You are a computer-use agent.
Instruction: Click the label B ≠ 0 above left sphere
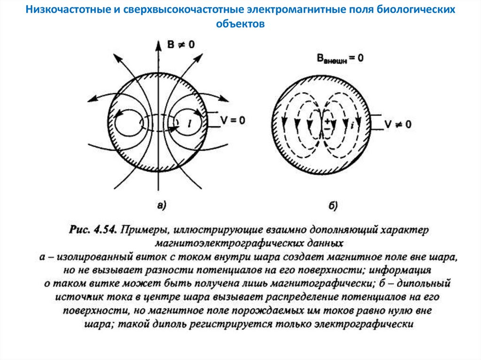point(181,45)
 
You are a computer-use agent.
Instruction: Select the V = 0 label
point(232,120)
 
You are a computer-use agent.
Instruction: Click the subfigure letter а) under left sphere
point(161,205)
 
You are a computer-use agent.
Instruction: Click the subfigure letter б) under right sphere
point(334,205)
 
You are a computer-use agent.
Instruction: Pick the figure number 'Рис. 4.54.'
point(93,230)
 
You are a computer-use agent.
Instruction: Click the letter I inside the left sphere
point(189,123)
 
